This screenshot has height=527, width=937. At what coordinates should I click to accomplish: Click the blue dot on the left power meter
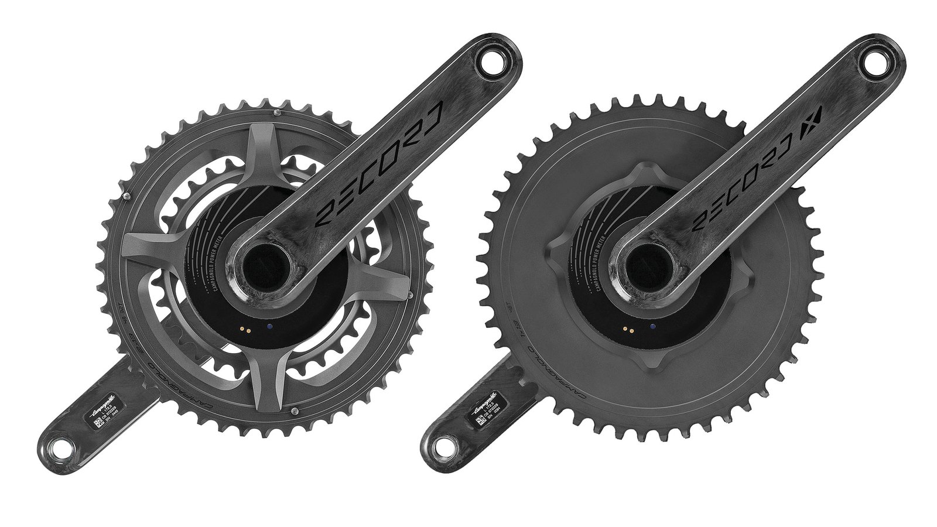tap(268, 327)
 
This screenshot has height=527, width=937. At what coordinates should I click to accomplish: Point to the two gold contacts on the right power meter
tap(628, 329)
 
